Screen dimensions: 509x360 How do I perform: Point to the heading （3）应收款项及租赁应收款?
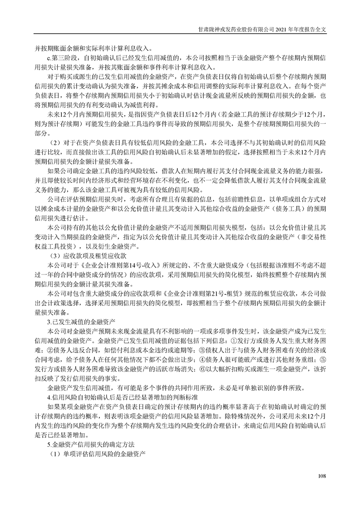(x=83, y=255)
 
